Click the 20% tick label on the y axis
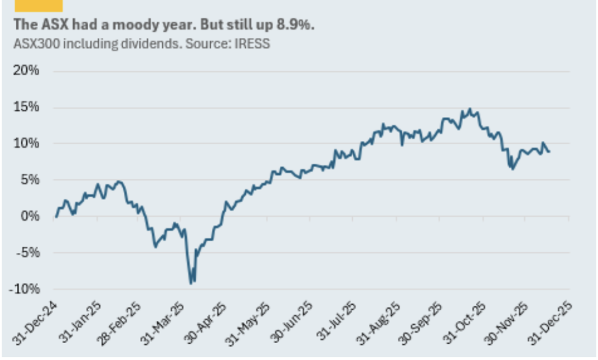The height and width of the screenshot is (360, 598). pyautogui.click(x=26, y=71)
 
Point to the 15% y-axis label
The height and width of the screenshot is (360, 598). pyautogui.click(x=26, y=108)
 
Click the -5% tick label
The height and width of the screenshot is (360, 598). pyautogui.click(x=26, y=253)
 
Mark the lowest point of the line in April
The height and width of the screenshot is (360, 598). pyautogui.click(x=191, y=283)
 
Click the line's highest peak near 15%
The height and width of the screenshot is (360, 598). pyautogui.click(x=469, y=109)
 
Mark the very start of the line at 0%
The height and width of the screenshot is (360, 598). pyautogui.click(x=55, y=217)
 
